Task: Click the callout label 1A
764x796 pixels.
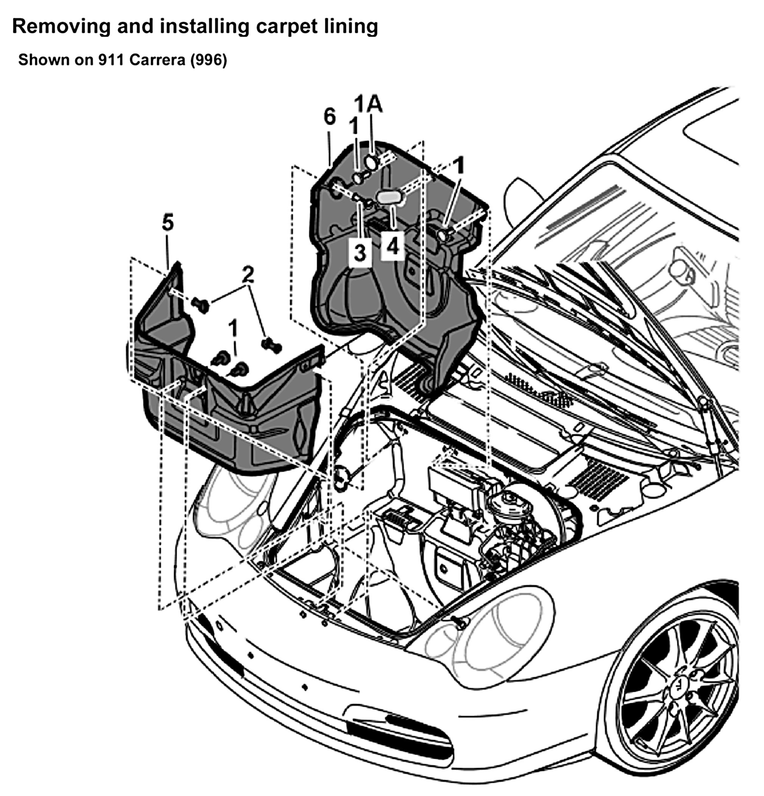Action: (x=368, y=104)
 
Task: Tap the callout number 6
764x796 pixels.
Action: (x=330, y=117)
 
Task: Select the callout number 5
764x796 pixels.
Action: (x=168, y=222)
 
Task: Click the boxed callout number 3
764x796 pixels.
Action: (x=360, y=253)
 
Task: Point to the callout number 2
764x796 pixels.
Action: (x=248, y=275)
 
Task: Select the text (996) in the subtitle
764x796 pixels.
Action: (x=209, y=60)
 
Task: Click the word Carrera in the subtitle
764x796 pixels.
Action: (x=158, y=60)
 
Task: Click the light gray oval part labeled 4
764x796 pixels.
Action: (x=389, y=197)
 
